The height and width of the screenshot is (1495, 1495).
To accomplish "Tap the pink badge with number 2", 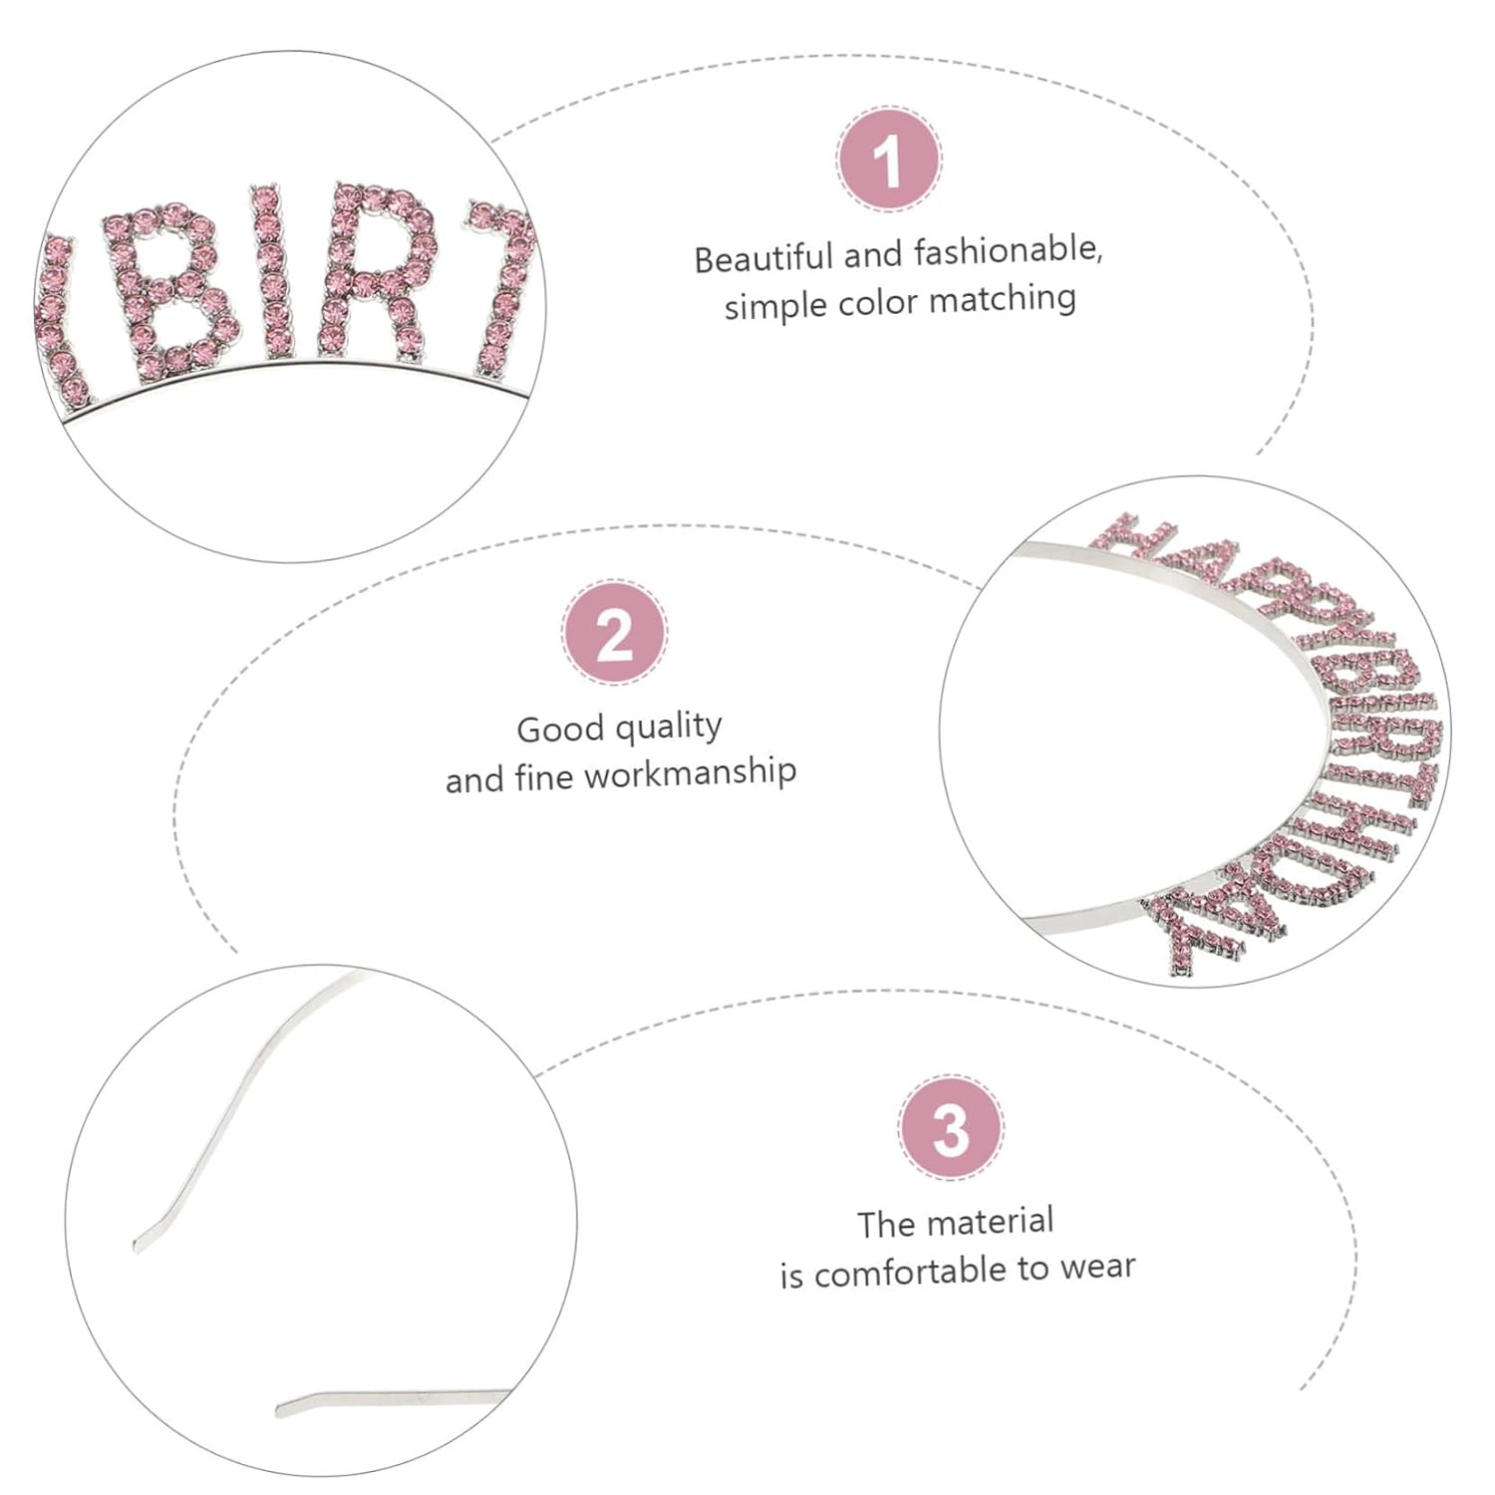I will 614,633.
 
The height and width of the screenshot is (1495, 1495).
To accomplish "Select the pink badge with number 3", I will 951,1128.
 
